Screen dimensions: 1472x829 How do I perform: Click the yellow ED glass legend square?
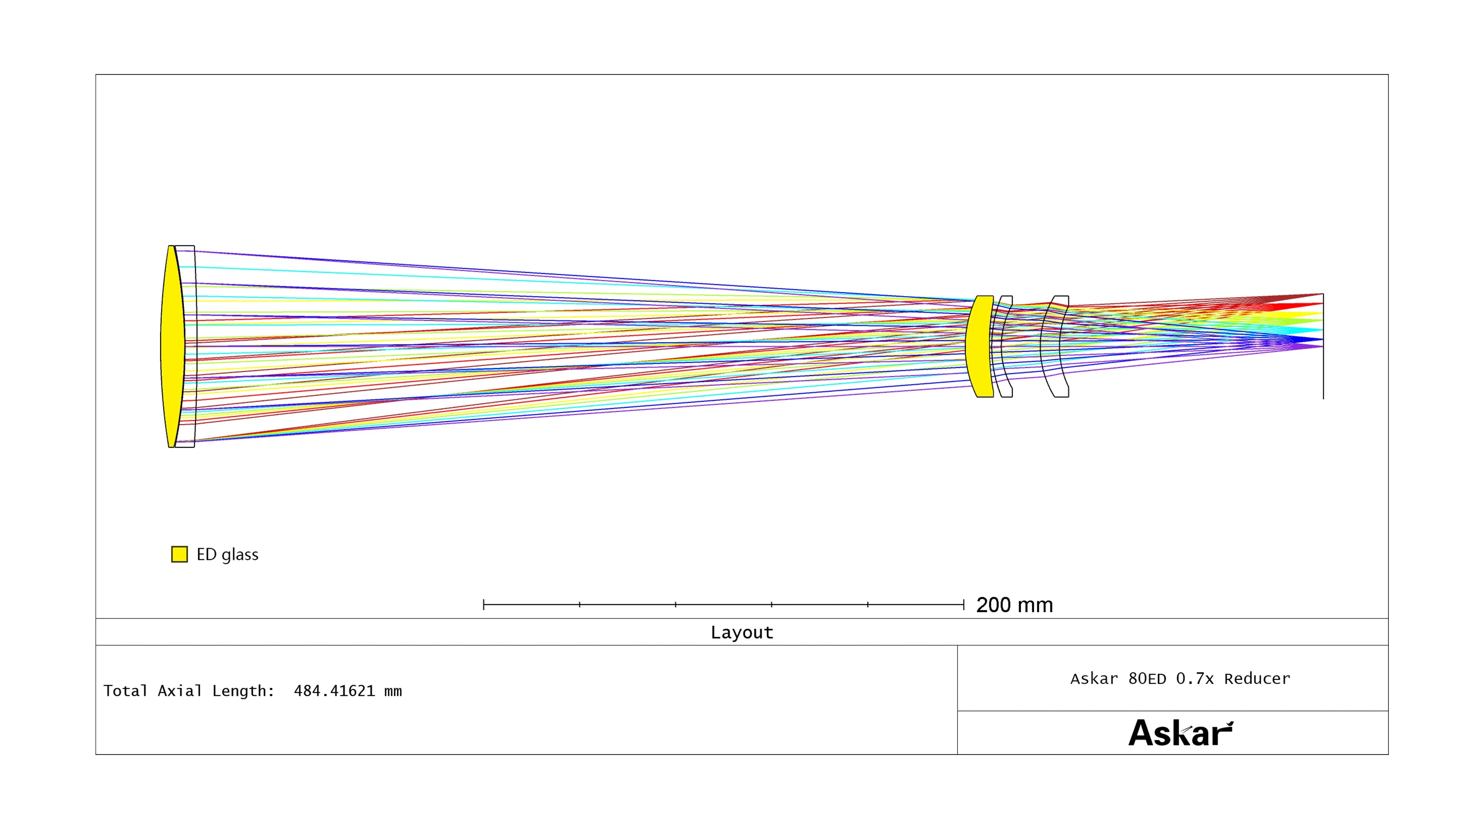coord(179,554)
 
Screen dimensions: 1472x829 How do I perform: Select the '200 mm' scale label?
coord(1014,605)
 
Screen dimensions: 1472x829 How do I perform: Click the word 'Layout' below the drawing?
coord(742,632)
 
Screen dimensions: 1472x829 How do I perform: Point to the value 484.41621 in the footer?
coord(334,691)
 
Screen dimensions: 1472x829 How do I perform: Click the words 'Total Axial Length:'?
coord(189,691)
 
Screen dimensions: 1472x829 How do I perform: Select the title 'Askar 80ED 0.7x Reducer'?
coord(1180,679)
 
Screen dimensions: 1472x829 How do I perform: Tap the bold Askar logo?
coord(1181,733)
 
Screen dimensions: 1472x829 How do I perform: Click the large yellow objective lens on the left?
coord(172,346)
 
